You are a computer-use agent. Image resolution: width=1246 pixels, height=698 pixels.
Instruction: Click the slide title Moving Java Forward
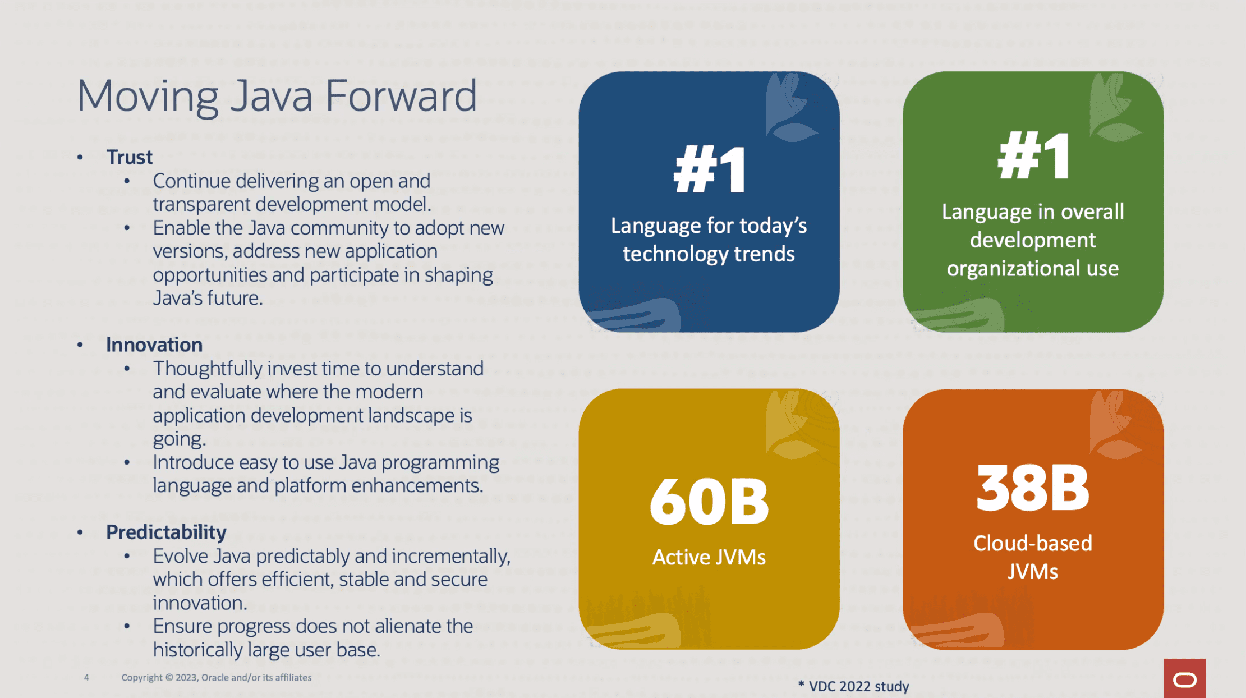coord(277,97)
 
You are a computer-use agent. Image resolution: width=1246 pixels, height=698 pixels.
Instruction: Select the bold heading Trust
coord(129,157)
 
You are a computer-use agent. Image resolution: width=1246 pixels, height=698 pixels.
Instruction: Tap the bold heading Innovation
coord(154,345)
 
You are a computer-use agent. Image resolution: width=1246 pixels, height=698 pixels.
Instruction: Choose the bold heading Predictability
coord(166,532)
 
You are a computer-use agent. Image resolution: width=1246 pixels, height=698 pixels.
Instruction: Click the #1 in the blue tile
coord(710,169)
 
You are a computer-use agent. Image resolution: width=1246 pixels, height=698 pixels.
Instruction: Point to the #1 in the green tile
coord(1034,155)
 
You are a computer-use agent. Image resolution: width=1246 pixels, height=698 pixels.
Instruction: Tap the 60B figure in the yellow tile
coord(709,502)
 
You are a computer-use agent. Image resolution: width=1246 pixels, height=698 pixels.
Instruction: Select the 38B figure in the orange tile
coord(1033,488)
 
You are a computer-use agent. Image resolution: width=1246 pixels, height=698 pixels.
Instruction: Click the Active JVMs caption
coord(709,557)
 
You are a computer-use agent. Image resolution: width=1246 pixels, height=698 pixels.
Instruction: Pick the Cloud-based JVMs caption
coord(1033,557)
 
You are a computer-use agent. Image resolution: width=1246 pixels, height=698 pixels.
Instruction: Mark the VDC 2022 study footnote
coord(853,686)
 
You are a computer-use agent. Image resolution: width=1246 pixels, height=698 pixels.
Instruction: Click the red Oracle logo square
coord(1185,678)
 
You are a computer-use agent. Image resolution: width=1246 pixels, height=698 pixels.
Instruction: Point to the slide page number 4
coord(86,678)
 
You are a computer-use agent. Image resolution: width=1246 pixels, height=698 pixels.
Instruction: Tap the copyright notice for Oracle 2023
coord(217,678)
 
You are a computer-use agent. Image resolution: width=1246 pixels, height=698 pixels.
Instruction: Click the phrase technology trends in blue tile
coord(709,254)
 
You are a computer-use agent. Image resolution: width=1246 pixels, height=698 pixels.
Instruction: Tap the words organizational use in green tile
coord(1033,269)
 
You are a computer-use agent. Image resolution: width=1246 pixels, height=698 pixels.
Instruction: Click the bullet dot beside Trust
coord(80,158)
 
